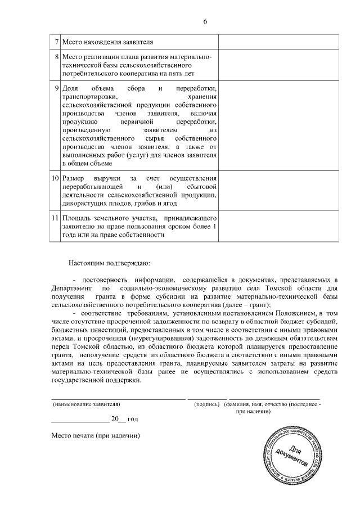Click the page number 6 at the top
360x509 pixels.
pyautogui.click(x=205, y=21)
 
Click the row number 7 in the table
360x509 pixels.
pyautogui.click(x=56, y=42)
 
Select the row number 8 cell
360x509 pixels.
pyautogui.click(x=56, y=57)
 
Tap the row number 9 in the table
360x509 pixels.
pyautogui.click(x=56, y=89)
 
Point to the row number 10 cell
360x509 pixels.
pyautogui.click(x=55, y=178)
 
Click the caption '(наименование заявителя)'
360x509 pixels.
pyautogui.click(x=86, y=404)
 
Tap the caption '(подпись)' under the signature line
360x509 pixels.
pyautogui.click(x=206, y=404)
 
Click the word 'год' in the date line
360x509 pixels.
pyautogui.click(x=133, y=419)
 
